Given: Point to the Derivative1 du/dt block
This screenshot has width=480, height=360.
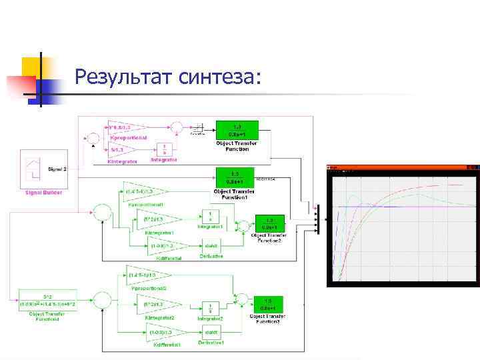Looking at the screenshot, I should point(211,329).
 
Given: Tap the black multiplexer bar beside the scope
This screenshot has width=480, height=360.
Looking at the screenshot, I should point(318,220).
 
